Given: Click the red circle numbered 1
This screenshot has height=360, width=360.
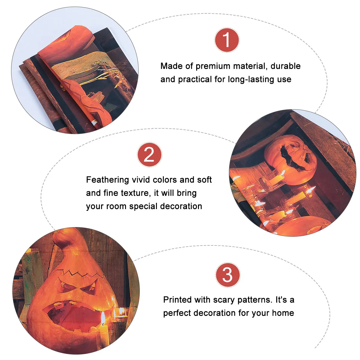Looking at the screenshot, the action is tap(227, 40).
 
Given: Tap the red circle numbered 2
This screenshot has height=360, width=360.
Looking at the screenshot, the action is tap(149, 154).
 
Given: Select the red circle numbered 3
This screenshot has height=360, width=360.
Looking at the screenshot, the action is tap(227, 275).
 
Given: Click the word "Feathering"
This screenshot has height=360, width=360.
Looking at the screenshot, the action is tap(107, 180).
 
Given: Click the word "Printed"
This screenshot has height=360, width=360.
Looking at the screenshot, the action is tap(178, 300).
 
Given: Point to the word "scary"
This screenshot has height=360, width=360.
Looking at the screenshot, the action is tap(223, 300).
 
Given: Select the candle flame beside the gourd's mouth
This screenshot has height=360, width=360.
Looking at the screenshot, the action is tap(103, 317).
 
